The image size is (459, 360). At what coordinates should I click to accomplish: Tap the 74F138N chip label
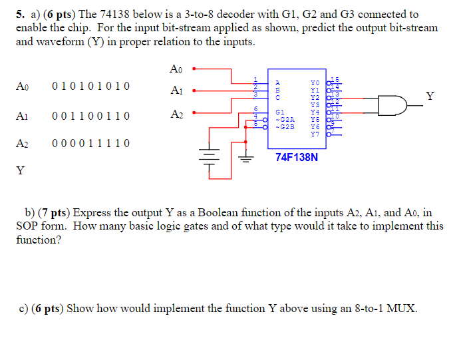pyautogui.click(x=297, y=158)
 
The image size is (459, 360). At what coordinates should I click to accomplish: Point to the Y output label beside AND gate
pyautogui.click(x=430, y=96)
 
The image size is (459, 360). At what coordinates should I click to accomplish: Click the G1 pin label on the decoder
pyautogui.click(x=279, y=112)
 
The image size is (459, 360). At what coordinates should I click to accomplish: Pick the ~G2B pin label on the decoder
pyautogui.click(x=284, y=126)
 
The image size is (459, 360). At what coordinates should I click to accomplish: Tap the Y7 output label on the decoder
pyautogui.click(x=315, y=134)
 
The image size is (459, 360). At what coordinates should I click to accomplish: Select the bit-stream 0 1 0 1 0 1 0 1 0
pyautogui.click(x=90, y=86)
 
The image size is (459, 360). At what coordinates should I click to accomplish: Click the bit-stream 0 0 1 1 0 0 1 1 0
pyautogui.click(x=90, y=116)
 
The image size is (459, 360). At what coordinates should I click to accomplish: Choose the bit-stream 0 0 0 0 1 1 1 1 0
pyautogui.click(x=90, y=143)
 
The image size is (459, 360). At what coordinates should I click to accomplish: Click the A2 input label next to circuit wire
pyautogui.click(x=177, y=114)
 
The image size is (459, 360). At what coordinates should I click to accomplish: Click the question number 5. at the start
pyautogui.click(x=21, y=14)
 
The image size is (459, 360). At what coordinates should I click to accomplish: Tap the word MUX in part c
pyautogui.click(x=403, y=309)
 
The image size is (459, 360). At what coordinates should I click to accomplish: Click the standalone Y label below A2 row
pyautogui.click(x=20, y=171)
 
